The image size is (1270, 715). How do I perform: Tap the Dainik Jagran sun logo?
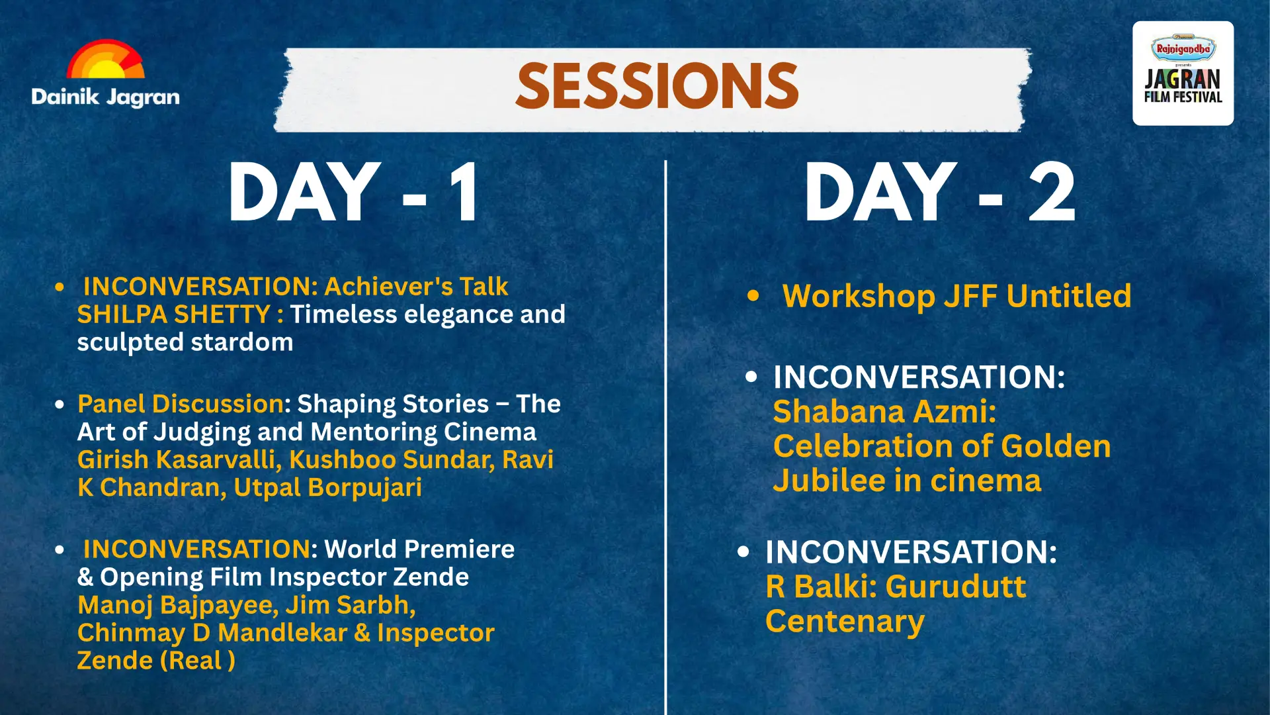(106, 60)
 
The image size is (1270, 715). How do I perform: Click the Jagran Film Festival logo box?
(1183, 73)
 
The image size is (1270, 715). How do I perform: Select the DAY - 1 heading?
(354, 193)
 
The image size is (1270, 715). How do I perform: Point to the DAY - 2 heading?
(940, 193)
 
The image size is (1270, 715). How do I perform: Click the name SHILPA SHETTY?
(174, 314)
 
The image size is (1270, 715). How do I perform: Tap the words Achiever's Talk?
(416, 287)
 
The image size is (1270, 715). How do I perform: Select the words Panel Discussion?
(181, 404)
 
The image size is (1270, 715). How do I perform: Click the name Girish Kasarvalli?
(176, 459)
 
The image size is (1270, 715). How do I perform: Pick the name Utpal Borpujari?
(327, 488)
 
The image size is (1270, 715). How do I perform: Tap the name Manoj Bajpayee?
(177, 606)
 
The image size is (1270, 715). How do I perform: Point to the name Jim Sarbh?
(350, 606)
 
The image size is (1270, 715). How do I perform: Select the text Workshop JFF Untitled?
(956, 296)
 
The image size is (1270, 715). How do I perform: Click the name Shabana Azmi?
(884, 412)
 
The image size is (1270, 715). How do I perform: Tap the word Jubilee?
(829, 481)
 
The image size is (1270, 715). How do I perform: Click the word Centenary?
(845, 622)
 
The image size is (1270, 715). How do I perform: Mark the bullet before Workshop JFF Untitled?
(753, 296)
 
